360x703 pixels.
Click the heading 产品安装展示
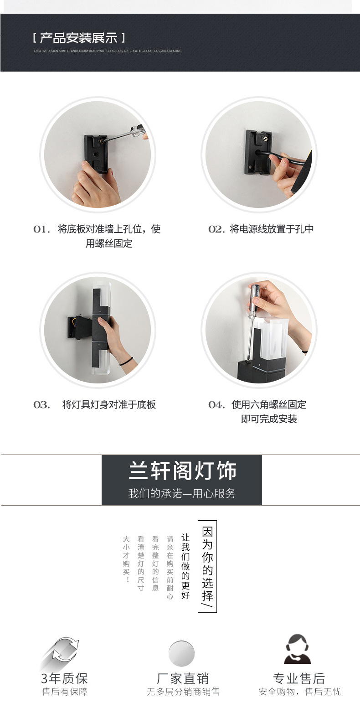(78, 38)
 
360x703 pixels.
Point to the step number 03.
(41, 405)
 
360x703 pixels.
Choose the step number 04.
(216, 405)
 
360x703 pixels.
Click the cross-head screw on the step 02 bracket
(263, 135)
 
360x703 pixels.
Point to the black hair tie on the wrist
(126, 362)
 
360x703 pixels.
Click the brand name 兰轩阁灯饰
(182, 471)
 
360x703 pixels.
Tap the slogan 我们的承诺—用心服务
(182, 494)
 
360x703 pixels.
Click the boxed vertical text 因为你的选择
(207, 566)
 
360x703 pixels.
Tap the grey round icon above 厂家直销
(182, 653)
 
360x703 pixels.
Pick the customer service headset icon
(297, 649)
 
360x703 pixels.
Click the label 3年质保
(64, 678)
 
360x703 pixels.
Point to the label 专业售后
(299, 678)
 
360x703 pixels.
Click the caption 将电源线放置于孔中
(272, 229)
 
